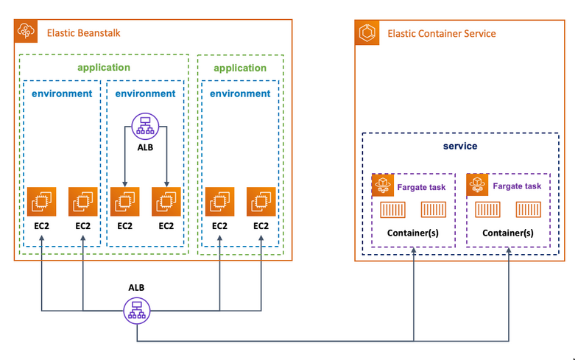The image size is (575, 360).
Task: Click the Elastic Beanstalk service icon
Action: point(27,32)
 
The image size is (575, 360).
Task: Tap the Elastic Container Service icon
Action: point(368,32)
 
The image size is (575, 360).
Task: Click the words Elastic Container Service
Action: point(441,33)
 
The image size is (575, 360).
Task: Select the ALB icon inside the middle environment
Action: point(145,127)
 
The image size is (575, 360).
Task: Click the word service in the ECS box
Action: point(460,146)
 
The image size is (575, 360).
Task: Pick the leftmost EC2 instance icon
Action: point(41,201)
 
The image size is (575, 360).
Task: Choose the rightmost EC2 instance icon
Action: point(261,201)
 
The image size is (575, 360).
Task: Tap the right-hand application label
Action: point(240,68)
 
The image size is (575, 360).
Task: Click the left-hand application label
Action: point(104,68)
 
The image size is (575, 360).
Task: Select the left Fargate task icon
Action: point(382,186)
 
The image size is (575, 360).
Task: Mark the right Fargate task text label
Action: point(517,186)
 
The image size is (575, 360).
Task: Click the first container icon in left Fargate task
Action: point(392,211)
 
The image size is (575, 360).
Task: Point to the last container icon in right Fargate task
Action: point(529,211)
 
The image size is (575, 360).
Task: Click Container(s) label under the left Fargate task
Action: point(413,233)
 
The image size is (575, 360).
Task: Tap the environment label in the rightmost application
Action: point(240,93)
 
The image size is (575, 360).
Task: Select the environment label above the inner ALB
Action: point(145,93)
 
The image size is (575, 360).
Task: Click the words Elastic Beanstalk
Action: point(84,32)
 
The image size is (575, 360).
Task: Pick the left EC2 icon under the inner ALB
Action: point(124,201)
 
